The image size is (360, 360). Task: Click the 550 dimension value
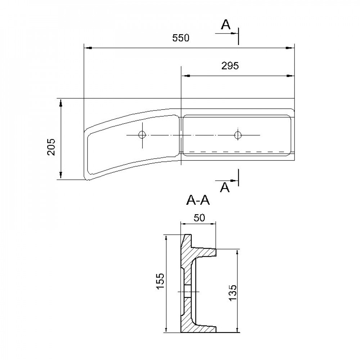click(x=181, y=38)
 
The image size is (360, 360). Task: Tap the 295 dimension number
click(x=230, y=66)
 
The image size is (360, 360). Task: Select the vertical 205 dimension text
click(x=51, y=147)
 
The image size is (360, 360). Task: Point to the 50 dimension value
click(x=199, y=218)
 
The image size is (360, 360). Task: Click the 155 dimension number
click(x=160, y=281)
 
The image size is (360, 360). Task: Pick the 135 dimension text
click(x=232, y=293)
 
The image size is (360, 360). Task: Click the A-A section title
click(x=198, y=201)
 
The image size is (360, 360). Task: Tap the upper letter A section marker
click(x=225, y=25)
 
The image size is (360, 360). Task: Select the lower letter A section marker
click(x=225, y=188)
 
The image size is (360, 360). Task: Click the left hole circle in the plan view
click(x=142, y=135)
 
